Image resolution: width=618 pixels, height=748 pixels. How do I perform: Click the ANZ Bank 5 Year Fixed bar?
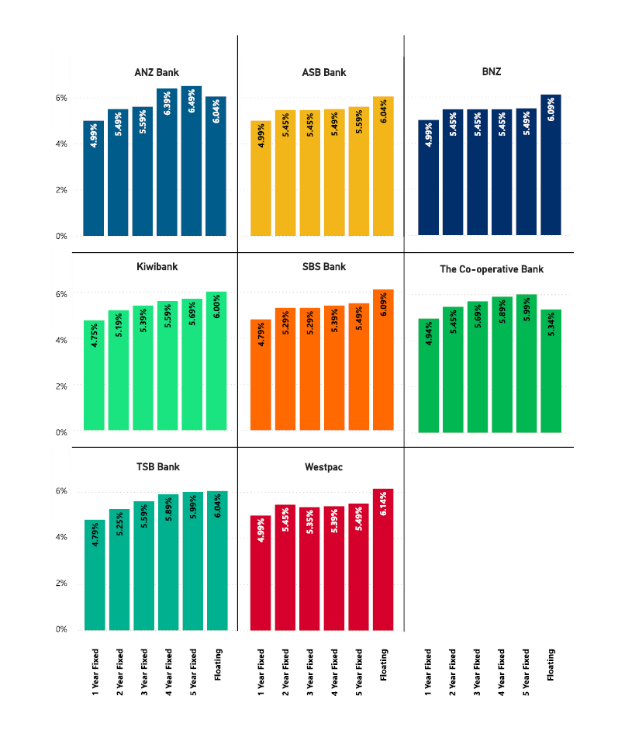coord(192,161)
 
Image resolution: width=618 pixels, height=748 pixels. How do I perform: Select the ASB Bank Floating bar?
coord(383,166)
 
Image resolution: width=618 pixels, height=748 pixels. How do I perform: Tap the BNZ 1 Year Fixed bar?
coord(428,178)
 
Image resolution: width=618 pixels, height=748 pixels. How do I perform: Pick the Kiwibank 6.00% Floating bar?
coord(216,361)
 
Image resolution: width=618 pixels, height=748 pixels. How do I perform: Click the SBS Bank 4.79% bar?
coord(261,375)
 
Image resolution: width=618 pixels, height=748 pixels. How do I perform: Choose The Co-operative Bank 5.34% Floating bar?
coord(551,371)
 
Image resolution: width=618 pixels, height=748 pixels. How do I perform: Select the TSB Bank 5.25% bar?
coord(119,570)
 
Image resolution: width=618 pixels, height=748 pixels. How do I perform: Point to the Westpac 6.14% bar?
coord(383,559)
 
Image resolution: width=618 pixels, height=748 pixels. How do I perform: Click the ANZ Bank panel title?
coord(157,72)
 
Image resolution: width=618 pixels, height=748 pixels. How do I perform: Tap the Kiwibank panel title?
coord(157,267)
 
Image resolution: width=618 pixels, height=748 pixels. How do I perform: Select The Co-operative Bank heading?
coord(492,269)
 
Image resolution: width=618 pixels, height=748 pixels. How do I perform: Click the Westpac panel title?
coord(324,467)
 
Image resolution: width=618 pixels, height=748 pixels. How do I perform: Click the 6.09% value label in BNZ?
coord(551,109)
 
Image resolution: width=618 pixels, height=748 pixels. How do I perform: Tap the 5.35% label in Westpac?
coord(310,522)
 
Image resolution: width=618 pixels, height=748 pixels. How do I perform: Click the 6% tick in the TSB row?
coord(61,491)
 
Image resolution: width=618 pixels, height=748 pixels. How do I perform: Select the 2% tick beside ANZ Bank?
coord(61,190)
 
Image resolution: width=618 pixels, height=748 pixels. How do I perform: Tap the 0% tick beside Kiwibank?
coord(61,432)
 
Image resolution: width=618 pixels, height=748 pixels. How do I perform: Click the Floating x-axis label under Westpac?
coord(384,664)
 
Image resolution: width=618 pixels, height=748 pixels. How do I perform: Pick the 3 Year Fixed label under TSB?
coord(144,672)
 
